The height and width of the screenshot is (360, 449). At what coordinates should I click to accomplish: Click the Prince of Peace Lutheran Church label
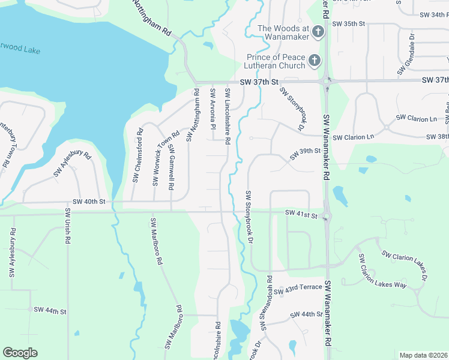pyautogui.click(x=276, y=61)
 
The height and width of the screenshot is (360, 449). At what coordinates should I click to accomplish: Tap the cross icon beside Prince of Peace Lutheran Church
pyautogui.click(x=314, y=61)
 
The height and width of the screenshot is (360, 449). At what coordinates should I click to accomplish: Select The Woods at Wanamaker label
pyautogui.click(x=283, y=32)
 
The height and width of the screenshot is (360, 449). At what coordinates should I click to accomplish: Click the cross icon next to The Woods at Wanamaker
pyautogui.click(x=319, y=32)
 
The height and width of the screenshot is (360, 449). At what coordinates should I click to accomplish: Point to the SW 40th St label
pyautogui.click(x=89, y=202)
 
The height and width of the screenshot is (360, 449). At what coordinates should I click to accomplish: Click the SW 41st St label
pyautogui.click(x=301, y=213)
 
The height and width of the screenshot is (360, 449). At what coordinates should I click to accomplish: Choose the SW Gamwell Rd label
pyautogui.click(x=171, y=167)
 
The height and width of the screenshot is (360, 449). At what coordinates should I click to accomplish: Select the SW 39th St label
pyautogui.click(x=306, y=154)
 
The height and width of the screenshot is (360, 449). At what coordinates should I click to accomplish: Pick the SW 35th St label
pyautogui.click(x=351, y=23)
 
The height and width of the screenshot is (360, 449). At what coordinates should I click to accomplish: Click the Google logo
pyautogui.click(x=20, y=353)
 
